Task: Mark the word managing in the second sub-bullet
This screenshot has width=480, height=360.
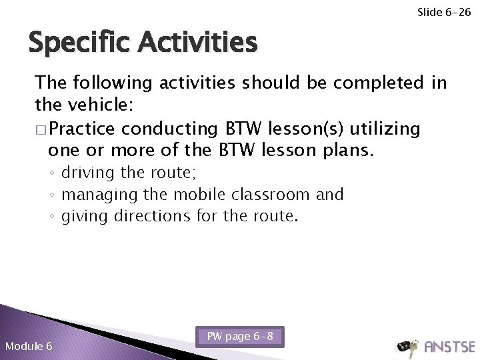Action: pyautogui.click(x=94, y=195)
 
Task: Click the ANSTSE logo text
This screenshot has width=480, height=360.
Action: pyautogui.click(x=449, y=347)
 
